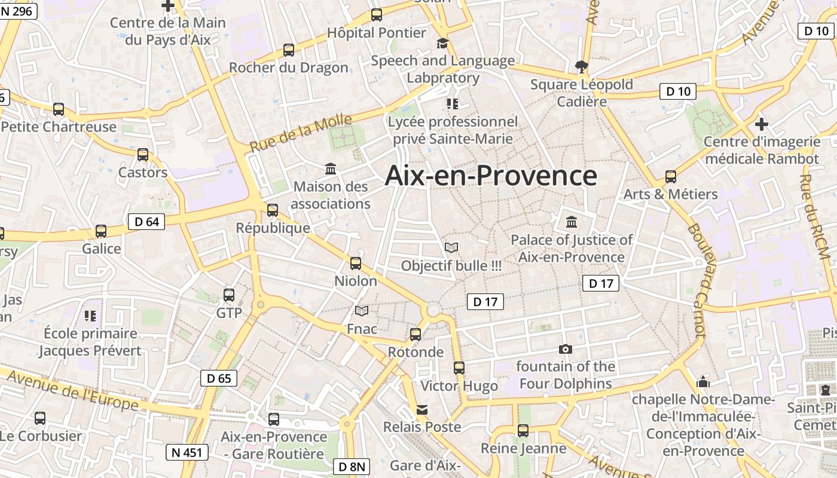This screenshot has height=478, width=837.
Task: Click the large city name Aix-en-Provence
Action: [x=491, y=176]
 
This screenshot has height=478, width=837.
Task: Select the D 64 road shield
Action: [x=146, y=222]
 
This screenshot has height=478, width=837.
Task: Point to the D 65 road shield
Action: [x=218, y=378]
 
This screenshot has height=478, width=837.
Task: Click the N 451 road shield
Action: [x=187, y=452]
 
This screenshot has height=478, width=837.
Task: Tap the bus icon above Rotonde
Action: [x=416, y=335]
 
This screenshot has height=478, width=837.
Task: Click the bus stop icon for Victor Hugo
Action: [x=459, y=368]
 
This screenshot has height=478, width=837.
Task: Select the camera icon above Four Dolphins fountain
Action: [x=565, y=349]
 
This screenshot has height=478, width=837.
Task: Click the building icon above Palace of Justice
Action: [x=572, y=222]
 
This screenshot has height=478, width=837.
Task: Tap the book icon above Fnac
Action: [x=362, y=311]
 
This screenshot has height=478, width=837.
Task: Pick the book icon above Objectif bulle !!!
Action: [x=451, y=247]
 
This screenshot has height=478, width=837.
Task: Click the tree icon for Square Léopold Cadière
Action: [x=581, y=66]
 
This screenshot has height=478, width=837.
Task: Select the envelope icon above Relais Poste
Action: [x=422, y=410]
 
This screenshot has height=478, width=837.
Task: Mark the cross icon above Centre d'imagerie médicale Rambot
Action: [x=761, y=124]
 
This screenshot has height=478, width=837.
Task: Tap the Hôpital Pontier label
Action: [x=377, y=33]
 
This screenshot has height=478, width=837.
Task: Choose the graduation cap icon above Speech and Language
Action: [x=442, y=43]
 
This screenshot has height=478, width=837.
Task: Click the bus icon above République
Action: [x=273, y=210]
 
